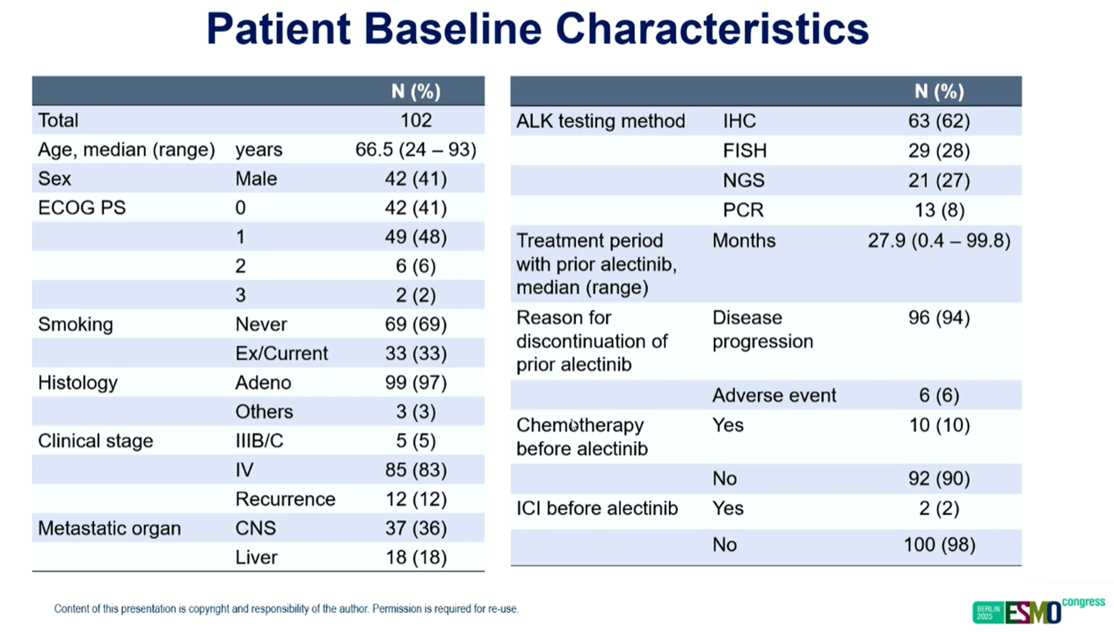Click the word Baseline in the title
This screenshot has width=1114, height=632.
453,28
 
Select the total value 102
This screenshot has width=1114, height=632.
416,120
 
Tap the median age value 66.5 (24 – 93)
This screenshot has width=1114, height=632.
416,150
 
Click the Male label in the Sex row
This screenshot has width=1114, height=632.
256,179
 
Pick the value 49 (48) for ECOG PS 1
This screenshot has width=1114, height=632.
416,237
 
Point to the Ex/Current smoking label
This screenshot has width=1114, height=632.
281,353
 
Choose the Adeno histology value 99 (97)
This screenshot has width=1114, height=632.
416,383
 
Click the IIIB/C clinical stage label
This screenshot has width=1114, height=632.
259,441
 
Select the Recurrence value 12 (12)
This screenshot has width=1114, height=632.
416,499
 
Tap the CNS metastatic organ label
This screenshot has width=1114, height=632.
256,528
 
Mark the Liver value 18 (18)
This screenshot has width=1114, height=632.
416,557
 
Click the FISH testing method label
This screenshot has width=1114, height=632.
745,151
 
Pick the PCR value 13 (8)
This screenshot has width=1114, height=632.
939,210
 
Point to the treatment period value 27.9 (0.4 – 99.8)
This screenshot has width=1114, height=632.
939,241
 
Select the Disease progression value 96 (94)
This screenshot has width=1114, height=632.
939,318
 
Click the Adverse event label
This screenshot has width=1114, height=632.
774,395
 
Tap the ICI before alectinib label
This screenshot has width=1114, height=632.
597,509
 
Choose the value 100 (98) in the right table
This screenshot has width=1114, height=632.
939,545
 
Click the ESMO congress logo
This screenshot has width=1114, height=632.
1038,611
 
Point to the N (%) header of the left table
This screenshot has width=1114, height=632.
416,92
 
